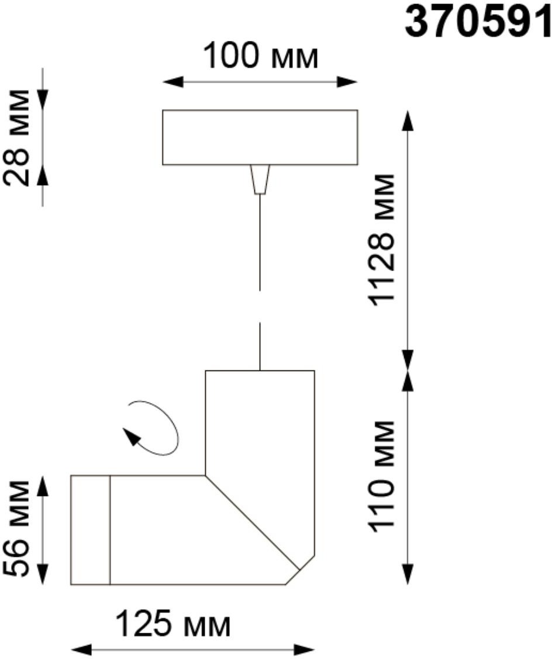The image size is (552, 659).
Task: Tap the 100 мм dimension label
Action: click(x=260, y=56)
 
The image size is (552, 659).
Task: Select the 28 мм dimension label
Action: click(x=17, y=137)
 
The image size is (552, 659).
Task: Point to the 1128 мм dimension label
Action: click(x=381, y=239)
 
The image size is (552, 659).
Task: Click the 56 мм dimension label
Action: click(x=17, y=529)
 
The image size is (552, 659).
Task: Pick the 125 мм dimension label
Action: click(x=173, y=624)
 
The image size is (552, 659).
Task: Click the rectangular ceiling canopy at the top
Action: click(x=260, y=137)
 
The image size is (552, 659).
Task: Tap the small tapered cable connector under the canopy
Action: click(x=260, y=179)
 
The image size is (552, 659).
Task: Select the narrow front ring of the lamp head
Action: click(x=91, y=530)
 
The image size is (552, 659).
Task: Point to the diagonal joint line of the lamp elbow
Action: click(x=252, y=522)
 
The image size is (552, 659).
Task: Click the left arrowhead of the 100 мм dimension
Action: click(x=173, y=82)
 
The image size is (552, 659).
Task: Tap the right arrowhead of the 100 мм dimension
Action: click(x=347, y=82)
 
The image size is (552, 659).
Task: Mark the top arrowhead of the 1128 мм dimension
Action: click(x=408, y=120)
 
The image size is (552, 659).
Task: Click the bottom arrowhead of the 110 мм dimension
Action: click(x=408, y=574)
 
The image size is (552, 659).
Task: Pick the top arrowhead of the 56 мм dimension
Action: click(x=43, y=486)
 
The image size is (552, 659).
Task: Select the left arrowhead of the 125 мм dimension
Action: click(x=81, y=649)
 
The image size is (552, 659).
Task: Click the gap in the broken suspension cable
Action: click(x=260, y=306)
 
